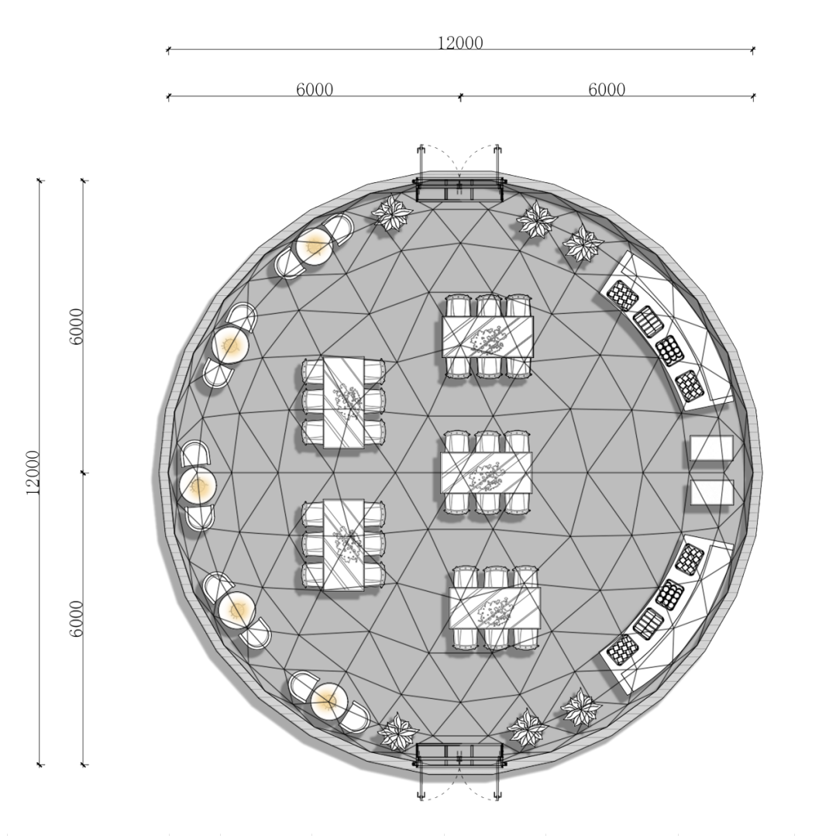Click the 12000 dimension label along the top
pyautogui.click(x=460, y=43)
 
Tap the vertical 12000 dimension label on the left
pyautogui.click(x=33, y=473)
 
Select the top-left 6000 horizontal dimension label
pyautogui.click(x=315, y=89)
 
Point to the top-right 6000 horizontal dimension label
pyautogui.click(x=607, y=89)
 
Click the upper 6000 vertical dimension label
pyautogui.click(x=77, y=326)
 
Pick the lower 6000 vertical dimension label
pyautogui.click(x=77, y=619)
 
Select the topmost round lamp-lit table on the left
pyautogui.click(x=315, y=246)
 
